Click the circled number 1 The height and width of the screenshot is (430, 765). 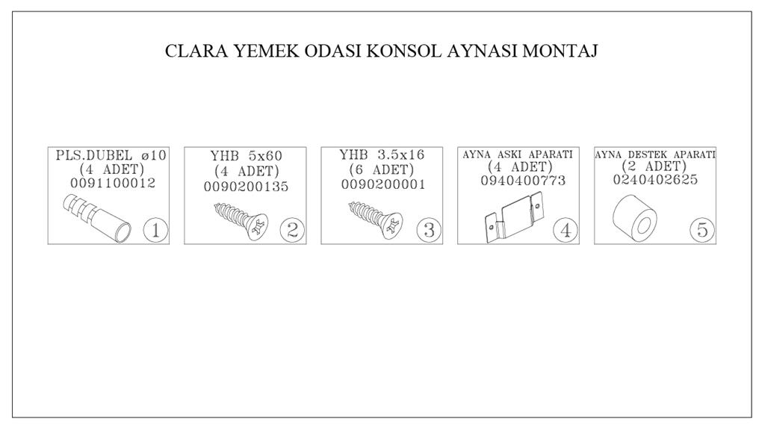pos(155,230)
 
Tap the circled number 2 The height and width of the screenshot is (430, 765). pos(292,230)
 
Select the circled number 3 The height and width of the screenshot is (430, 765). pos(429,230)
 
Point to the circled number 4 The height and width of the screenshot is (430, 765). pos(566,230)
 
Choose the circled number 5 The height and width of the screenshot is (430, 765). pos(702,230)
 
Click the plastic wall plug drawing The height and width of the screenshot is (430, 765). pos(97,218)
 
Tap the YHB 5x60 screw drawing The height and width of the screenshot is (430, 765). pos(241,221)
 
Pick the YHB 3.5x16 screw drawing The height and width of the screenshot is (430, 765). pos(376,220)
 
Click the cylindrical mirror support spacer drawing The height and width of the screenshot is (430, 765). pos(634,218)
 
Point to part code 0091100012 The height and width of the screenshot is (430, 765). pos(114,184)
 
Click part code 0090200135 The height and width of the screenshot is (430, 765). pos(246,187)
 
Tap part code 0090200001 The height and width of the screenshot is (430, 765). pos(383,185)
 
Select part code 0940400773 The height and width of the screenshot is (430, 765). pos(523,181)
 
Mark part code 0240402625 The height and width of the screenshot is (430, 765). pos(655,180)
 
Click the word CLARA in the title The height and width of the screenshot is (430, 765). pos(196,52)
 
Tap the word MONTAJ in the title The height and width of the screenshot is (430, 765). pos(560,52)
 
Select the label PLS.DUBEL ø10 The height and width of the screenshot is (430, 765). pos(111,155)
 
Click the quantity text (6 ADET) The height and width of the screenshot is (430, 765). pos(382,170)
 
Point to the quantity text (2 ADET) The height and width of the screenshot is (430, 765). pos(654,166)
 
